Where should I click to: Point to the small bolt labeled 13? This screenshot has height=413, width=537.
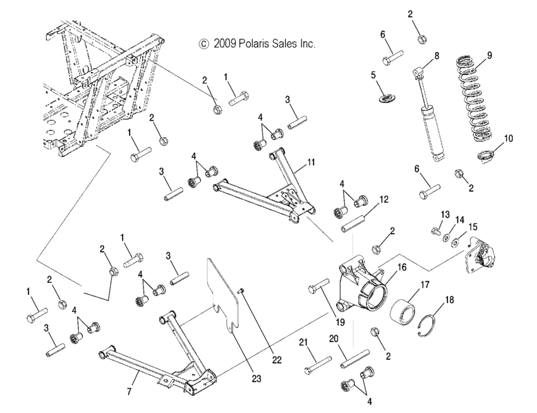(435, 231)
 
